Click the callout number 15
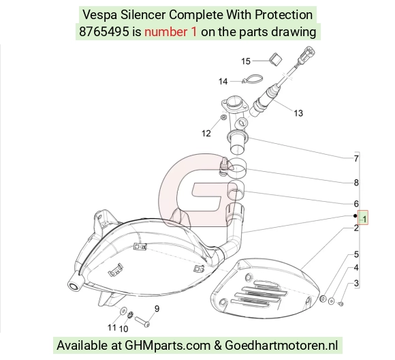pyautogui.click(x=246, y=61)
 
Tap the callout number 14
pyautogui.click(x=223, y=82)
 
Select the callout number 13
pyautogui.click(x=298, y=113)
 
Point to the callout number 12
pyautogui.click(x=206, y=133)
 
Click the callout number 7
pyautogui.click(x=356, y=159)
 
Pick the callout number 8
pyautogui.click(x=356, y=183)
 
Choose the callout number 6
pyautogui.click(x=356, y=204)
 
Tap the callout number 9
pyautogui.click(x=157, y=309)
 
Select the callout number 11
pyautogui.click(x=112, y=327)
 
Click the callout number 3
pyautogui.click(x=356, y=284)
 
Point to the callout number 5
pyautogui.click(x=356, y=254)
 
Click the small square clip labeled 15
pyautogui.click(x=276, y=60)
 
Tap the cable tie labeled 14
pyautogui.click(x=253, y=78)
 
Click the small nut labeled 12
pyautogui.click(x=223, y=117)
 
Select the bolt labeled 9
pyautogui.click(x=142, y=322)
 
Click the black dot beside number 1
pyautogui.click(x=355, y=215)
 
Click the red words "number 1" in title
pyautogui.click(x=170, y=32)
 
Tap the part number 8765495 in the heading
pyautogui.click(x=104, y=32)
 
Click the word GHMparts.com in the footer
pyautogui.click(x=168, y=346)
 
